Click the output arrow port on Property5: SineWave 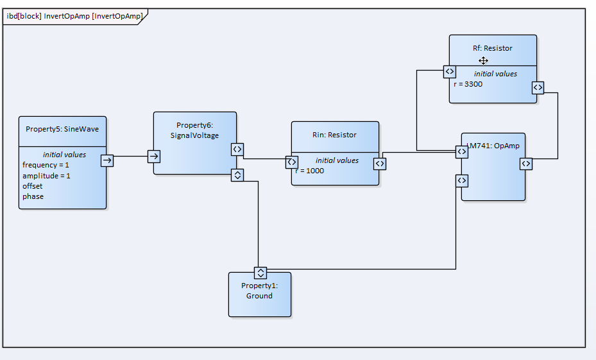(x=107, y=160)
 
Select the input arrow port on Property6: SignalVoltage (x=154, y=156)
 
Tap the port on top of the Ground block (x=260, y=273)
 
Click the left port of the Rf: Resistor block (x=450, y=71)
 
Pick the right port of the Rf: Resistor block (x=538, y=87)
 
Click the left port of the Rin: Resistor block (x=292, y=162)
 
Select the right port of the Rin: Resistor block (x=380, y=164)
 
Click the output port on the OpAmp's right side (x=526, y=164)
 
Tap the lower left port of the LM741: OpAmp (x=462, y=180)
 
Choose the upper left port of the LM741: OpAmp (x=462, y=151)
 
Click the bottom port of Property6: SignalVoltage (x=237, y=175)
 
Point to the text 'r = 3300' (x=468, y=84)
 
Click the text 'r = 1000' (x=310, y=171)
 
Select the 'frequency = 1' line (x=46, y=165)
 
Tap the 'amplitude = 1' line (x=46, y=176)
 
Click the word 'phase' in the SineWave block (x=33, y=196)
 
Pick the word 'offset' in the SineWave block (x=32, y=186)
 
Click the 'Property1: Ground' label (x=259, y=291)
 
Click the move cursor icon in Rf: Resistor (x=483, y=60)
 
